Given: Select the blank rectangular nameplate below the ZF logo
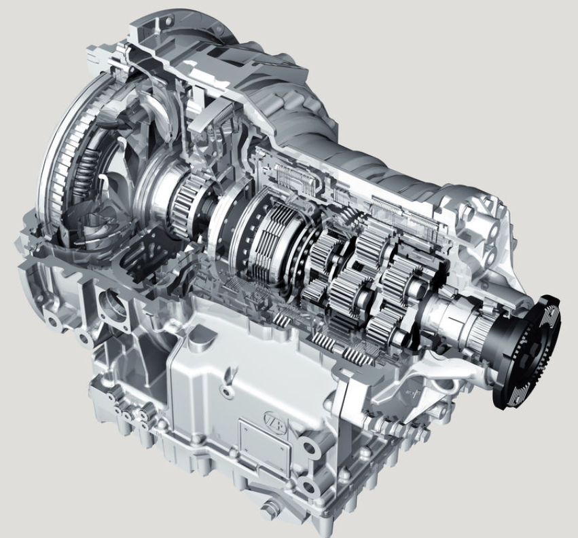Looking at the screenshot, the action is [x=264, y=445].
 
